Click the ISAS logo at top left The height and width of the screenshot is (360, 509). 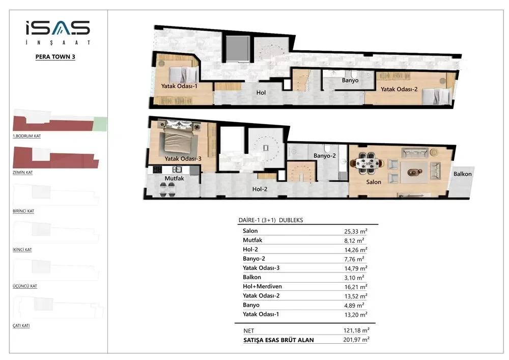click(x=58, y=33)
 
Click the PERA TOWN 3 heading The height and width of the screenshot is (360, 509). click(x=55, y=57)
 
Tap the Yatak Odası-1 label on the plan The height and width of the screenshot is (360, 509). click(x=179, y=86)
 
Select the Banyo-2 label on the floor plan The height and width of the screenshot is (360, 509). click(x=324, y=156)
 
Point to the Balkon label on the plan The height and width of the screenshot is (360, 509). click(x=462, y=174)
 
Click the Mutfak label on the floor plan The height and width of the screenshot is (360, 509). click(x=174, y=179)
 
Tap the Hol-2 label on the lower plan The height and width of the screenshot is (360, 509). click(x=260, y=189)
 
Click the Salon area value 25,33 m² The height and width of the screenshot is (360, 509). click(x=356, y=231)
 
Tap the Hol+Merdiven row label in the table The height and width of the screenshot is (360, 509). click(x=262, y=287)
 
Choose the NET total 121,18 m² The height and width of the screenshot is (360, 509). click(x=356, y=330)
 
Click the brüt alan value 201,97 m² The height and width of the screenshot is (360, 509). click(x=356, y=340)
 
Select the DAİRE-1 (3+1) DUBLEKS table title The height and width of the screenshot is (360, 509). click(x=271, y=220)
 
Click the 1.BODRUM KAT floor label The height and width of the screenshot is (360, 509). click(x=26, y=136)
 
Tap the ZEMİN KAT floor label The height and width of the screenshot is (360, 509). click(x=23, y=173)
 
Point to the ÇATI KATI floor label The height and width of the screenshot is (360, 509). click(x=21, y=325)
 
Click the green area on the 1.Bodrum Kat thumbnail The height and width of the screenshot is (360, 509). click(x=100, y=124)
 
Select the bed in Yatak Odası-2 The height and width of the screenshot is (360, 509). click(x=437, y=96)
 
